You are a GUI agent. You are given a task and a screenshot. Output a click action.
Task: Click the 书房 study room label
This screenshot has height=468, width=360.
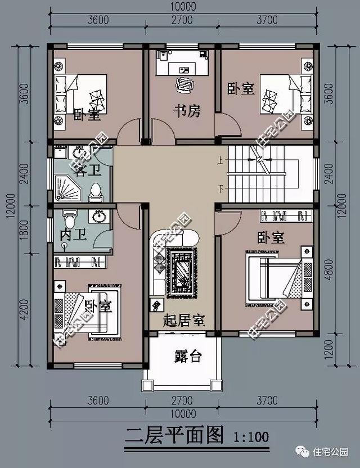pos(186,111)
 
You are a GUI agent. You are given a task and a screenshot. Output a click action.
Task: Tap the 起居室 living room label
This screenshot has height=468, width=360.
pos(183,321)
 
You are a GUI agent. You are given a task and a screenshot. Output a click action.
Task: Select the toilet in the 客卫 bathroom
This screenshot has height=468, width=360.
pos(97,192)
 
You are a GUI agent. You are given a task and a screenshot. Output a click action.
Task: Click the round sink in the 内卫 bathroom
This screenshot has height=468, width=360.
pos(99,215)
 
